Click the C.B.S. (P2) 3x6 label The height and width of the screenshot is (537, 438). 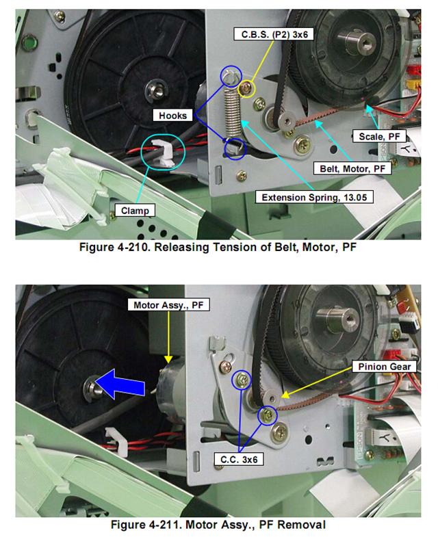click(x=274, y=34)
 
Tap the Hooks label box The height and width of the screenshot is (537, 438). click(x=172, y=116)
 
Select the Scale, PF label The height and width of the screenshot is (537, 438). click(x=379, y=136)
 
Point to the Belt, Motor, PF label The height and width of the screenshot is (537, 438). click(x=352, y=168)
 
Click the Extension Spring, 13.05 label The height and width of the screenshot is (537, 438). click(x=314, y=197)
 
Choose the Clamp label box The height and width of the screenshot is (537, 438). click(x=135, y=210)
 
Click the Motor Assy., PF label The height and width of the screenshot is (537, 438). click(x=168, y=305)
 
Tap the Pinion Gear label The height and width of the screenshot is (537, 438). click(x=384, y=367)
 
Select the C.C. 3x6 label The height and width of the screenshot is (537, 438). click(x=239, y=459)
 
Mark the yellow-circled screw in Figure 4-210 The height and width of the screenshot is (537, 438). click(x=246, y=88)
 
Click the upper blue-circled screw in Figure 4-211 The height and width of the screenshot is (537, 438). click(x=242, y=380)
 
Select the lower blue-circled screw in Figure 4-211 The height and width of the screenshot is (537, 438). click(x=268, y=415)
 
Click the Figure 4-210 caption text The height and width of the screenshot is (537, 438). click(x=218, y=247)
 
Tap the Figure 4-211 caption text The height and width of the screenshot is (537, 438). click(x=218, y=524)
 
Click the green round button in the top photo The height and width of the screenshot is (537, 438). click(x=29, y=44)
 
